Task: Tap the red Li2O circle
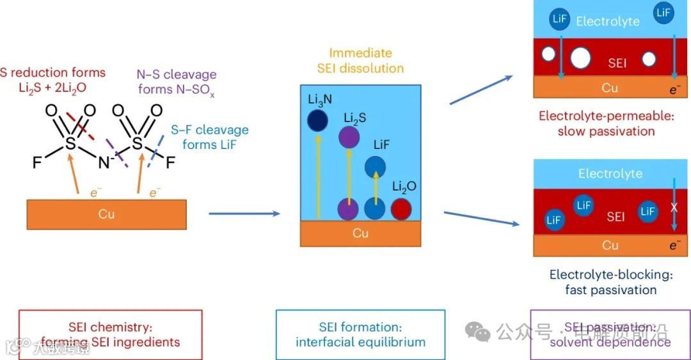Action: coord(401,208)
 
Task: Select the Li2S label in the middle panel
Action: coord(354,118)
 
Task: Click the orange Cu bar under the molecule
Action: coord(107,214)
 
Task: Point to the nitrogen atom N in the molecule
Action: coord(103,163)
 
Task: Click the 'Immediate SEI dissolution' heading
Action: coord(360,61)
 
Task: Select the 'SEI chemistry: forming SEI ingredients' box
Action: coord(111,334)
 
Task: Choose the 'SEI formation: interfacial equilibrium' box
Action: coord(360,334)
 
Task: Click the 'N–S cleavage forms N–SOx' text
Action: coord(177,82)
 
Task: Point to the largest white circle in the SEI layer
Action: coord(580,58)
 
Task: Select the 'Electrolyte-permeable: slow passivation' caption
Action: coord(597,123)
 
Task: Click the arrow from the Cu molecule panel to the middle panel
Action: coord(244,213)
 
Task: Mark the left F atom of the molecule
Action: coord(36,164)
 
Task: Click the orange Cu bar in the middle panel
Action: coord(360,233)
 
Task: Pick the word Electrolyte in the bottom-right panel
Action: coord(610,174)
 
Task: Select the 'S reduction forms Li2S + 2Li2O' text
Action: coord(52,80)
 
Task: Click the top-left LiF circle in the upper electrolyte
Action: coord(559,19)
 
